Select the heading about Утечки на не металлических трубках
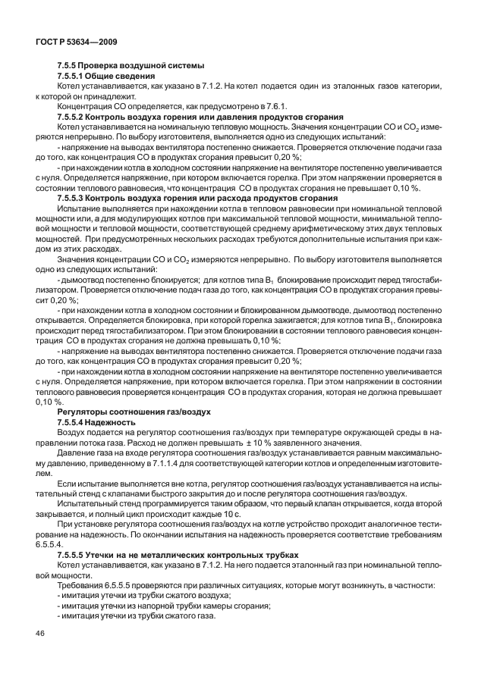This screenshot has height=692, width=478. [x=153, y=555]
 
